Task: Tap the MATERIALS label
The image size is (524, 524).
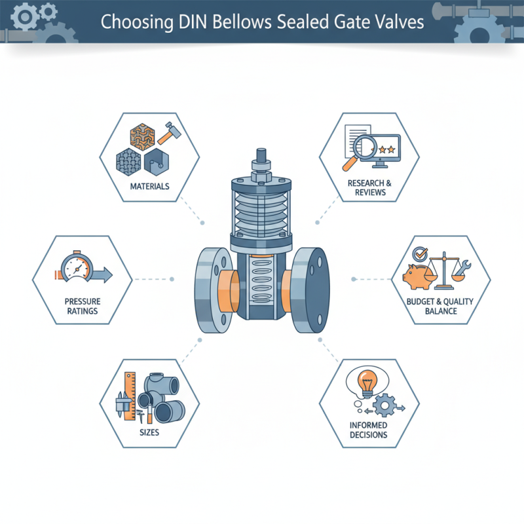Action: pos(149,187)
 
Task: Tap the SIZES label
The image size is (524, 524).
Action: pos(149,433)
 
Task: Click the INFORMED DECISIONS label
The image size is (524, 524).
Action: pos(368,430)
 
